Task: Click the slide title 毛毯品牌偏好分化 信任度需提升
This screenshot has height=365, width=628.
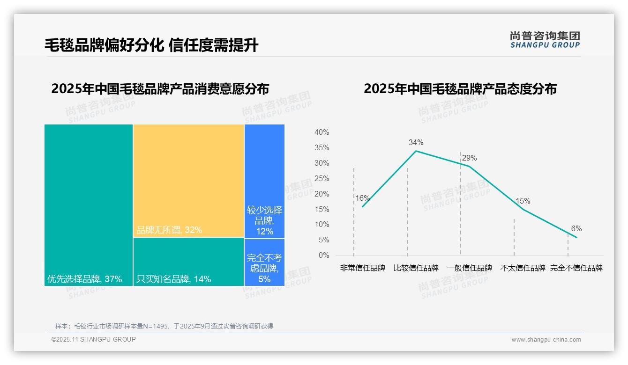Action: [151, 45]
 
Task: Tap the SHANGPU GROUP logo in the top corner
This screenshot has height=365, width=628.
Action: [545, 40]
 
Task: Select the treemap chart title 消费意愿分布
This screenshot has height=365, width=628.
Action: [160, 89]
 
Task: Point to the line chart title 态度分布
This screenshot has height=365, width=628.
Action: [460, 89]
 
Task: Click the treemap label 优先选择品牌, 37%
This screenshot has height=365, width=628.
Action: [84, 279]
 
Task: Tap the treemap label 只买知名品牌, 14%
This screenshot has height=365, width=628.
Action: [173, 279]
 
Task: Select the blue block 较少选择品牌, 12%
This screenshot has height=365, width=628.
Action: [264, 220]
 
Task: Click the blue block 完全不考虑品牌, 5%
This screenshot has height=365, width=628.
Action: [264, 268]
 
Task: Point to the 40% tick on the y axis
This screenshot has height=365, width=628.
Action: [321, 132]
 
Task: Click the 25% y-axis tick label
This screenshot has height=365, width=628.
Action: [321, 179]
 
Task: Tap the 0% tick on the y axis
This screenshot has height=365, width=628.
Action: [323, 255]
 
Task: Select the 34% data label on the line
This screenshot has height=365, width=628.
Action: [416, 143]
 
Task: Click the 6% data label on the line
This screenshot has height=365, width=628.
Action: [576, 229]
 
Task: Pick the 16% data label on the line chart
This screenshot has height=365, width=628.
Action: [362, 198]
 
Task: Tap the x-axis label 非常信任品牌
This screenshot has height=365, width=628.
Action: [362, 268]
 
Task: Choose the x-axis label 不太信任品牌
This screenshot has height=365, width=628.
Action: [523, 268]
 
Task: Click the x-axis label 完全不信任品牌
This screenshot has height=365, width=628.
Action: [576, 268]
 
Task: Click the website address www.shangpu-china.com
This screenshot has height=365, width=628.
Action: [546, 340]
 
